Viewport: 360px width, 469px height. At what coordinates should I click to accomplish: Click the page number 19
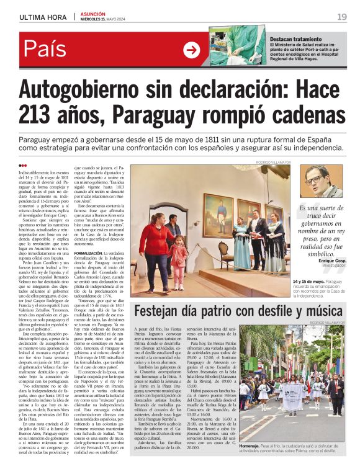click(x=341, y=16)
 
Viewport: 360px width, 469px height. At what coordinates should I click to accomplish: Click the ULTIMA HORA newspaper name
click(x=43, y=16)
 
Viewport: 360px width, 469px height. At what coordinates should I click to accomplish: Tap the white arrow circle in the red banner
click(x=192, y=50)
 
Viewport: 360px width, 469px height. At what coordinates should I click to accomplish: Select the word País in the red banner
click(x=46, y=50)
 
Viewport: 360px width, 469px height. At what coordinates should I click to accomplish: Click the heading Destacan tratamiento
click(x=295, y=38)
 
